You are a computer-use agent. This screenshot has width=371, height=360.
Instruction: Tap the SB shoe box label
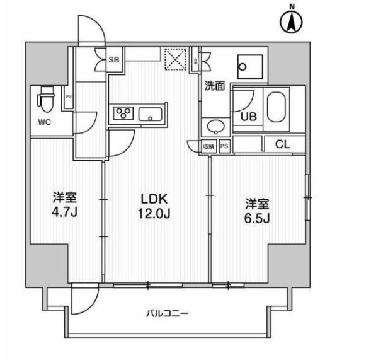tap(115, 60)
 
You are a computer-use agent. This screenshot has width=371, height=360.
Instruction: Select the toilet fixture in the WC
tap(46, 98)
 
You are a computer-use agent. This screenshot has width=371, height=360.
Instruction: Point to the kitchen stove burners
tap(123, 113)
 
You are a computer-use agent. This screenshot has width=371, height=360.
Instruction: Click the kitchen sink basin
tap(151, 115)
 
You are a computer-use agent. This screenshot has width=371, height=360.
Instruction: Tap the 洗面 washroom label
tap(214, 87)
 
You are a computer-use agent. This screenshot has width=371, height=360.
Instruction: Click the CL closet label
tap(283, 144)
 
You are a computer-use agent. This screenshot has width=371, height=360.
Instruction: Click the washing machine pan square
tap(249, 64)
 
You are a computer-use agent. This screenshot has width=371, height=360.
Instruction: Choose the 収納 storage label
tap(209, 146)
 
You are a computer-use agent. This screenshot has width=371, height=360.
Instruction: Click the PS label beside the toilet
tap(69, 96)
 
